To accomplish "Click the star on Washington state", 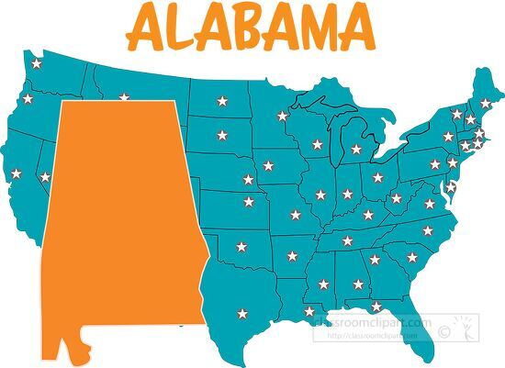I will click(36, 64).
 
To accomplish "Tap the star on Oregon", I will click(27, 98).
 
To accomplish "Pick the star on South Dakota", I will click(221, 136).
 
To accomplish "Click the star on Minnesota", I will click(282, 116).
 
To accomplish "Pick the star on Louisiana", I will click(309, 311).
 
